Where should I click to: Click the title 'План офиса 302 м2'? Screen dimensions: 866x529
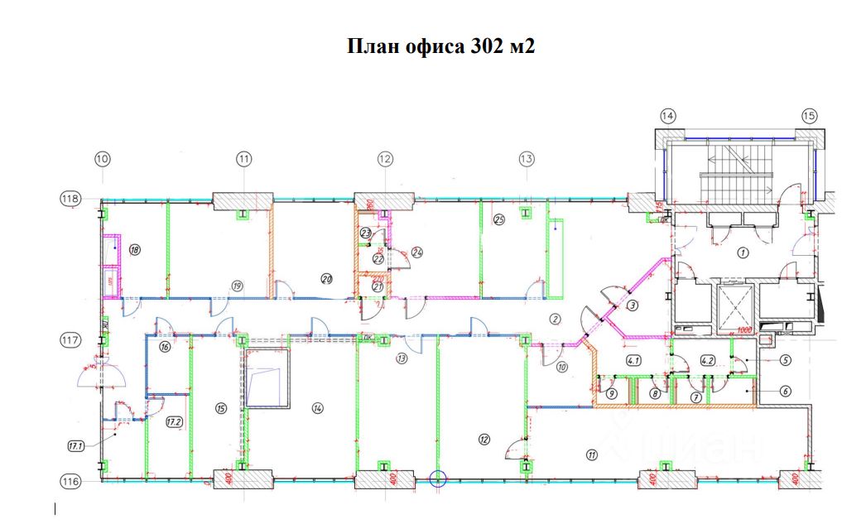[440, 46]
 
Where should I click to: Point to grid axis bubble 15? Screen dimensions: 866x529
[809, 115]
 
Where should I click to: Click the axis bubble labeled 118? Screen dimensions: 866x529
[70, 199]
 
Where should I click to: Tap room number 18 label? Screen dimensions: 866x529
[135, 249]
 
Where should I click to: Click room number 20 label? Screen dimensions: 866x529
[326, 279]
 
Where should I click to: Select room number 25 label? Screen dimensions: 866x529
[498, 219]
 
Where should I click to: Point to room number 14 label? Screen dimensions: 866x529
[317, 407]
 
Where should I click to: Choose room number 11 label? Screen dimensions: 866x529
[591, 454]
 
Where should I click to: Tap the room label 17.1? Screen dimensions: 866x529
[76, 446]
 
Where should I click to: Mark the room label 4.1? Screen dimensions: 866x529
[635, 360]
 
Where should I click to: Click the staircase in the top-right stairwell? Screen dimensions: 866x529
[736, 176]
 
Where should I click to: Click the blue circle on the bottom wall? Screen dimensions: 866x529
[439, 478]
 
